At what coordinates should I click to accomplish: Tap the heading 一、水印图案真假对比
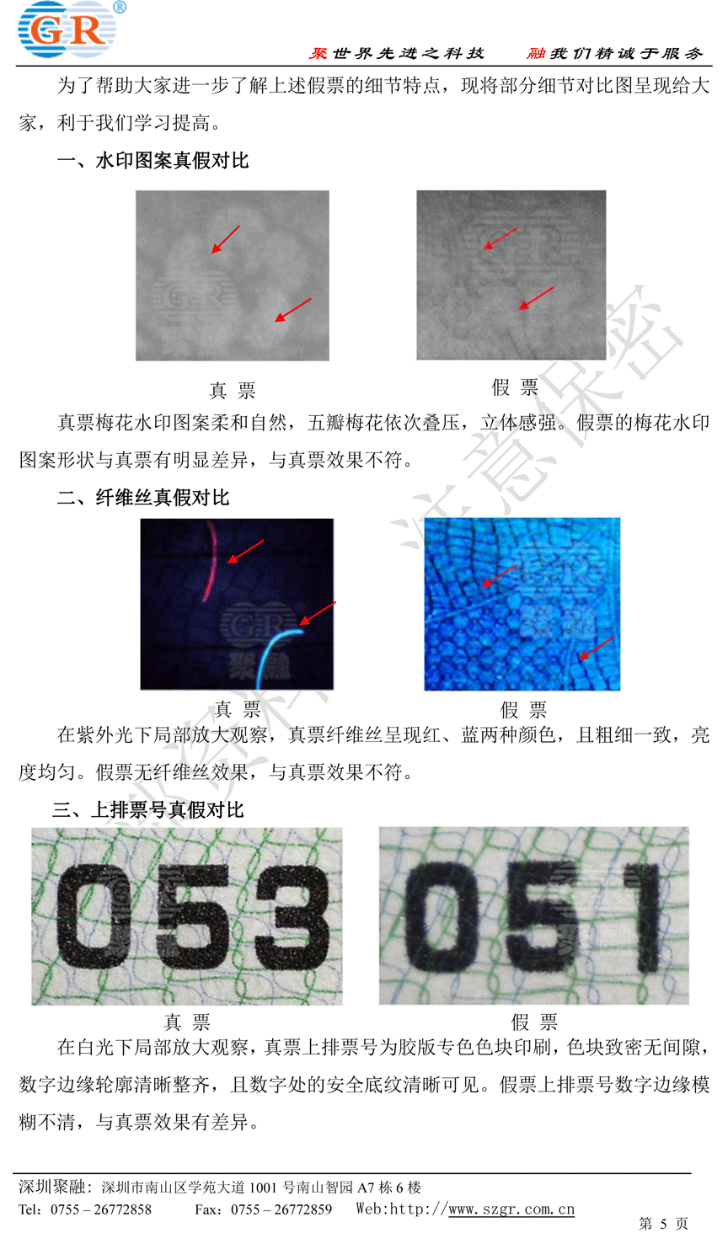click(x=153, y=161)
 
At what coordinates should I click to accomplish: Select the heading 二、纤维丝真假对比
click(x=143, y=498)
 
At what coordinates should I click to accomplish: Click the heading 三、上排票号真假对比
click(x=147, y=809)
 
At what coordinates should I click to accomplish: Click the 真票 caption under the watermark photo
click(x=233, y=390)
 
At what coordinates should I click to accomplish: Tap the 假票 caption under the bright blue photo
click(x=523, y=709)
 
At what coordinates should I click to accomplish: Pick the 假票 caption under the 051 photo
click(x=534, y=1022)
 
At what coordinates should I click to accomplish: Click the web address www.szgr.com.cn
click(x=511, y=1209)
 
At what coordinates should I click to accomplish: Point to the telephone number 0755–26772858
click(x=101, y=1209)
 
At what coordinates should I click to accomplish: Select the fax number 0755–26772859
click(x=281, y=1209)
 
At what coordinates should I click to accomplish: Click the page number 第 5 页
click(x=664, y=1223)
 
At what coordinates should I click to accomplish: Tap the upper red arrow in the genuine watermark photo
click(x=226, y=239)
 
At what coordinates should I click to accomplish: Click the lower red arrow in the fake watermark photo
click(x=538, y=297)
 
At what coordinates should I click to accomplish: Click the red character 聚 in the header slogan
click(x=318, y=53)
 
